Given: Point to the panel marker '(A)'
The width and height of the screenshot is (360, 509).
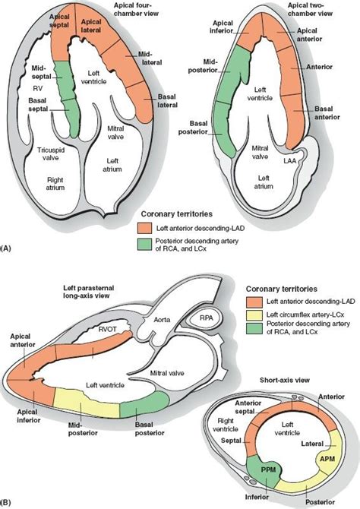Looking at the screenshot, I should (8, 248).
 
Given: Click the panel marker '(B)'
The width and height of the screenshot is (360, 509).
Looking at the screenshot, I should (8, 501).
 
